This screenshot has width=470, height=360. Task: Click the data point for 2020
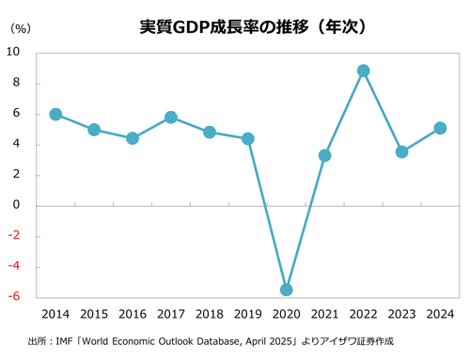pos(286,290)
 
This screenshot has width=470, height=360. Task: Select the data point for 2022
pos(363,70)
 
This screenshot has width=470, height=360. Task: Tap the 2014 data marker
pos(55,114)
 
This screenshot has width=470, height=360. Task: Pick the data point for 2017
pos(171,117)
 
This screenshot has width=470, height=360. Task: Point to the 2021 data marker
pos(324,155)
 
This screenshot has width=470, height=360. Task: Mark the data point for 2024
pos(440,128)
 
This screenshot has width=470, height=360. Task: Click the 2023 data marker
pos(401,151)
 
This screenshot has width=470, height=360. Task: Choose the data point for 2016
pos(133,138)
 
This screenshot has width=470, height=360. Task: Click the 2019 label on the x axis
pos(247,315)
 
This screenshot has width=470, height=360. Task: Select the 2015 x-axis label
pos(94,315)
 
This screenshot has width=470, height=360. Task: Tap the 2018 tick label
pos(209,315)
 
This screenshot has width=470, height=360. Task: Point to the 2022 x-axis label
pos(363,315)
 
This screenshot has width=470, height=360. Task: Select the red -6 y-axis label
pos(16,297)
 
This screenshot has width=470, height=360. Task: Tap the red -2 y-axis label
pos(16,236)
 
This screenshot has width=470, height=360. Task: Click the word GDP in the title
pos(190,27)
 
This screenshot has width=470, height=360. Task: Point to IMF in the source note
pos(65,340)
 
